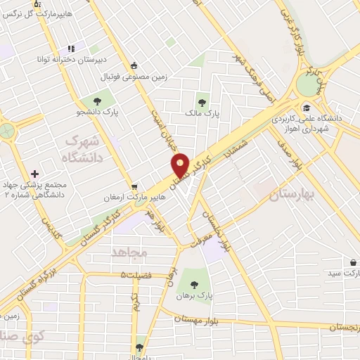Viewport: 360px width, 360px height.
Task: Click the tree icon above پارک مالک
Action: [203, 98]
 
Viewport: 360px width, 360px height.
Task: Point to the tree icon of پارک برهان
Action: [195, 284]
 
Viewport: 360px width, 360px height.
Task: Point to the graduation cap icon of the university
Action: [307, 108]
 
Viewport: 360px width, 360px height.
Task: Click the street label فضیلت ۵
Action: [145, 275]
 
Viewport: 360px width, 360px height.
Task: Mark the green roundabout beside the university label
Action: [308, 85]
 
